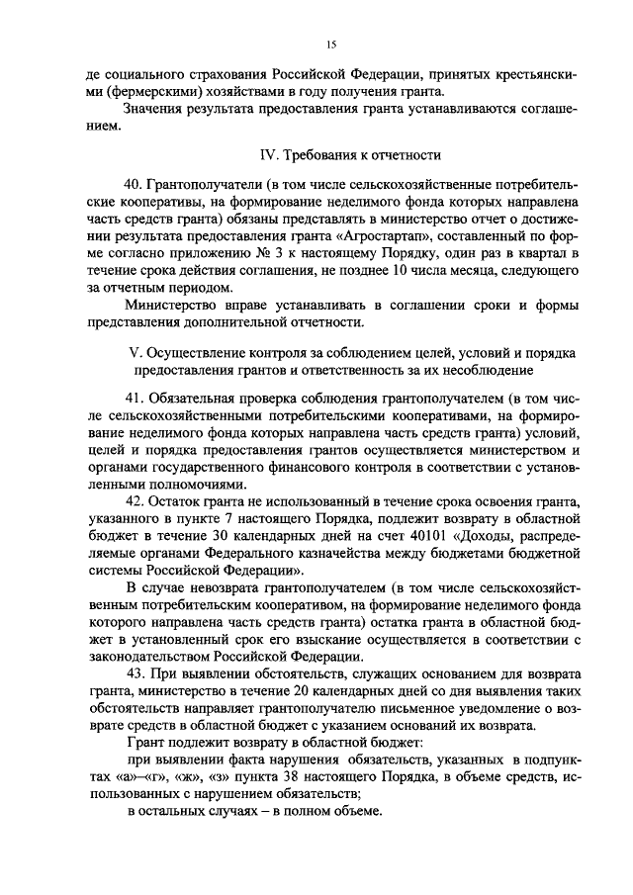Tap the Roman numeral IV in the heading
266,155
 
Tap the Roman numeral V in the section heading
136,353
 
